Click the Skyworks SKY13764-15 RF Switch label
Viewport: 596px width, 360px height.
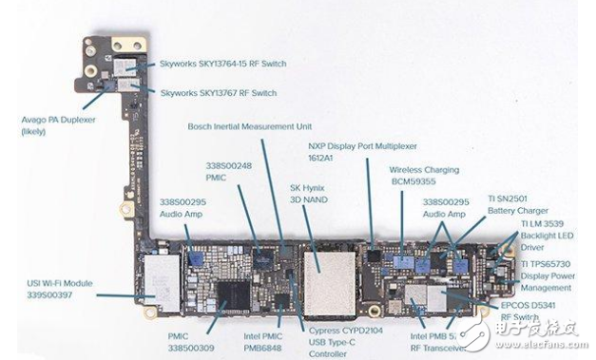pyautogui.click(x=223, y=64)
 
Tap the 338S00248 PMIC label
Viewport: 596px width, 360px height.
pyautogui.click(x=229, y=172)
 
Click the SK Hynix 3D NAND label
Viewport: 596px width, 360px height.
pyautogui.click(x=308, y=195)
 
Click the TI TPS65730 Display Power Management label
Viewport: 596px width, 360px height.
pyautogui.click(x=556, y=275)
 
